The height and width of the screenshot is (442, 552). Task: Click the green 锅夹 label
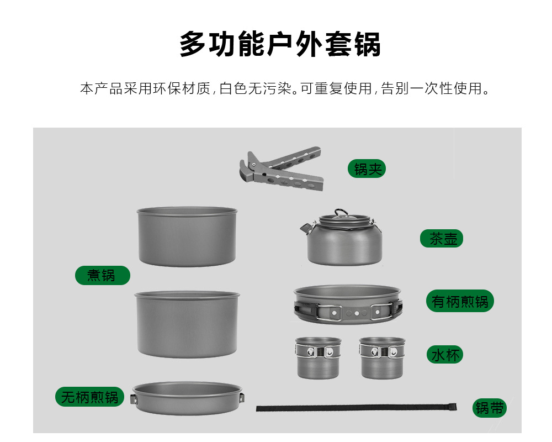click(367, 169)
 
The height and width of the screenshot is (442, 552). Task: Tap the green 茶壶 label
click(442, 238)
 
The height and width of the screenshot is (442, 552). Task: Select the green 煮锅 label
click(103, 275)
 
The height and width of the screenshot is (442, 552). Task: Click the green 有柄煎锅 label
click(460, 301)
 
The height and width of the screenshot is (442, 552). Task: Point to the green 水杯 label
click(445, 355)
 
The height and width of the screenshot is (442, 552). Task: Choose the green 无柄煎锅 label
click(90, 397)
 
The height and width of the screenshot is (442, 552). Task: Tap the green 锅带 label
click(489, 408)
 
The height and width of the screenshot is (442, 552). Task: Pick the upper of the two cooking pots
click(187, 236)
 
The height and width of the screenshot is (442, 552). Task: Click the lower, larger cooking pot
click(187, 324)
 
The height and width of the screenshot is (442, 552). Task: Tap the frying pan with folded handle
click(348, 304)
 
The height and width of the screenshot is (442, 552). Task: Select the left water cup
click(319, 358)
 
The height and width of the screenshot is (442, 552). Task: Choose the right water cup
click(382, 358)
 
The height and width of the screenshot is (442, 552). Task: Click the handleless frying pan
click(188, 398)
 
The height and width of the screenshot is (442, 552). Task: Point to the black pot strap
click(356, 408)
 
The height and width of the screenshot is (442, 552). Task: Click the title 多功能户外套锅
click(280, 44)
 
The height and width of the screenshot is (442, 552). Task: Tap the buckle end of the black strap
click(453, 407)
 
